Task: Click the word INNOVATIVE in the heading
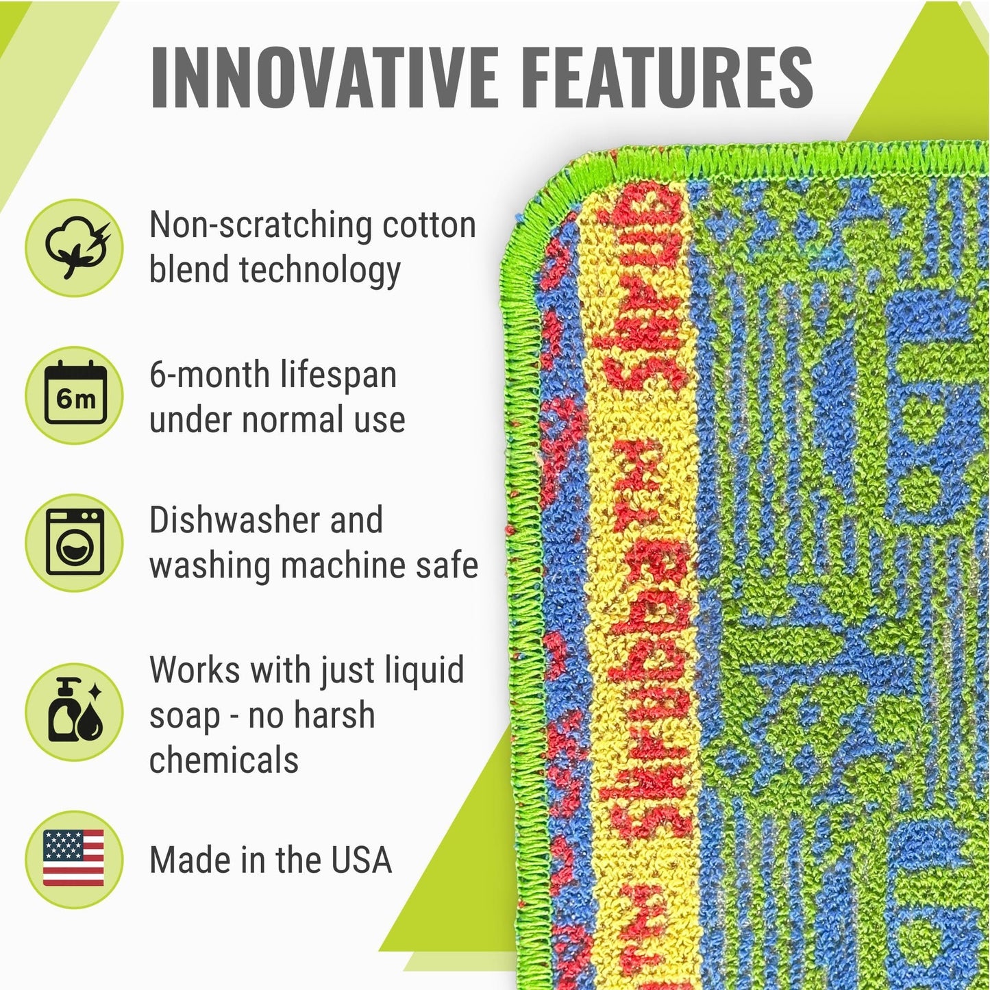click(x=324, y=77)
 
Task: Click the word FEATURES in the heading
click(x=670, y=77)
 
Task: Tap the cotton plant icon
click(x=74, y=247)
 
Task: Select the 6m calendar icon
click(x=74, y=395)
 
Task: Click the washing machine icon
click(x=74, y=543)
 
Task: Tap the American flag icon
click(x=74, y=858)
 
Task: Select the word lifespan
click(x=338, y=375)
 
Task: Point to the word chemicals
click(x=224, y=760)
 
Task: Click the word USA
click(x=361, y=861)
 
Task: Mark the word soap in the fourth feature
click(x=183, y=716)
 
